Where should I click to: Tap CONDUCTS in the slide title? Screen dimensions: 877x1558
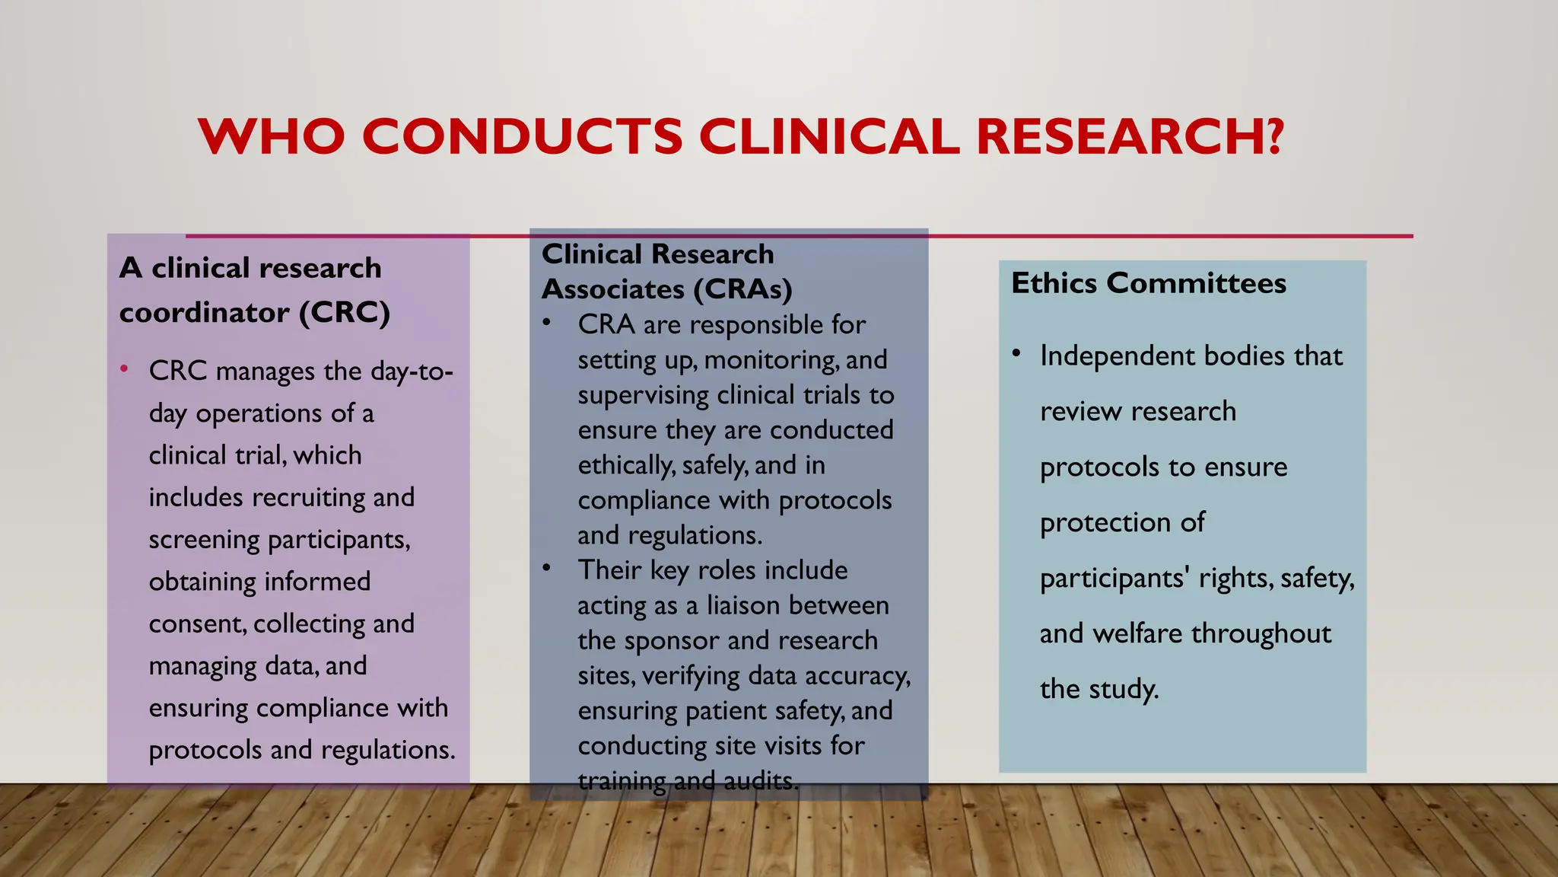pyautogui.click(x=522, y=136)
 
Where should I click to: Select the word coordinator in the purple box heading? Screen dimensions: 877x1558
pyautogui.click(x=204, y=313)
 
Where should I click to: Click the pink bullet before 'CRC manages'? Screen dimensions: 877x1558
pyautogui.click(x=124, y=369)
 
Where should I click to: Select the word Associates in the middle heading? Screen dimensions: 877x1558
pyautogui.click(x=613, y=289)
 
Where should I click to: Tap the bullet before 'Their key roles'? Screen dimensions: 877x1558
pyautogui.click(x=546, y=568)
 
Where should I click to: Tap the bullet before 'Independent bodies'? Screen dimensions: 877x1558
pyautogui.click(x=1016, y=353)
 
